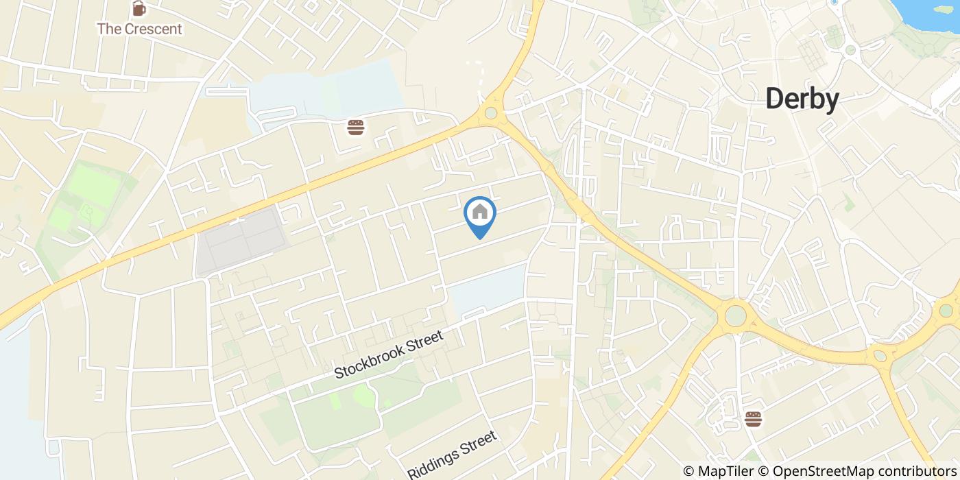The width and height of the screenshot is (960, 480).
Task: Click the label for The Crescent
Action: [139, 29]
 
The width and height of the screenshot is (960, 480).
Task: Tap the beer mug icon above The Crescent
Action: [139, 9]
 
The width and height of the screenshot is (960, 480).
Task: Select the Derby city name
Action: [802, 99]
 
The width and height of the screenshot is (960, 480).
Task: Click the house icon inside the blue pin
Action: [480, 212]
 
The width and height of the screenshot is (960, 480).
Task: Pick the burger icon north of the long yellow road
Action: [355, 127]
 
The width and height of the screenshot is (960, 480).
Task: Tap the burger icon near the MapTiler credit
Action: [753, 418]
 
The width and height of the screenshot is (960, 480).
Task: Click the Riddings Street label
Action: [452, 455]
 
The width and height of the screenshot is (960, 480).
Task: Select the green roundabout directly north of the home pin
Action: [490, 112]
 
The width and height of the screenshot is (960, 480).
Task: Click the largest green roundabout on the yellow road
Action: [735, 316]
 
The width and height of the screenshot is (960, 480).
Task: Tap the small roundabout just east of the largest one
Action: [880, 355]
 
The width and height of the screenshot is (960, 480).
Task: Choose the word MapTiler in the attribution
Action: [723, 471]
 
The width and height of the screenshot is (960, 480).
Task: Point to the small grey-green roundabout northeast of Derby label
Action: [850, 50]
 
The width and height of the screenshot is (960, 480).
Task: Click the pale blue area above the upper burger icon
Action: [329, 89]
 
